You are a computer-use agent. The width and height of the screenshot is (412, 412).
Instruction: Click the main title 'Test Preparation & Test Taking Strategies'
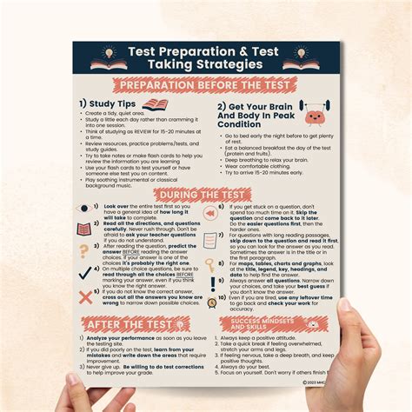point(205,59)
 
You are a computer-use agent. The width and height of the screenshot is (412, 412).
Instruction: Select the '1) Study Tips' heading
point(110,104)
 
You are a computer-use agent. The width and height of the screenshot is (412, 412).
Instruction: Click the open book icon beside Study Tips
point(155,104)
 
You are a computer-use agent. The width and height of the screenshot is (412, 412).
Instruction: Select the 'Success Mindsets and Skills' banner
point(282,324)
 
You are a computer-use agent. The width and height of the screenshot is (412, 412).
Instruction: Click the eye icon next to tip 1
point(84,209)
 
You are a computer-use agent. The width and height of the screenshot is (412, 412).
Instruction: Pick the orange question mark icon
point(83,250)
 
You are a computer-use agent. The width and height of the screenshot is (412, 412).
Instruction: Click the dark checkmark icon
point(83,272)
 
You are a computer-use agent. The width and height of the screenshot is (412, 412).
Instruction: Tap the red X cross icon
point(85,297)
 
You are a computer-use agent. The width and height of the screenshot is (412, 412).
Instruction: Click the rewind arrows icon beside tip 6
point(209,213)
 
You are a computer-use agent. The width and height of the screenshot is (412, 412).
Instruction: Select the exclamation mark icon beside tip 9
point(211,283)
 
